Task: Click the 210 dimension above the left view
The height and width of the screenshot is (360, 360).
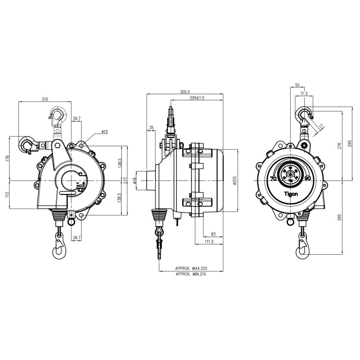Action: click(x=45, y=99)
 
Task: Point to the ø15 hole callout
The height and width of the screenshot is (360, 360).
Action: click(x=104, y=132)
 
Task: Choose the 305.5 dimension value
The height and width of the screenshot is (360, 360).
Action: click(x=185, y=92)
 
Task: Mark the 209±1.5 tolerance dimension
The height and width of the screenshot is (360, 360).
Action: click(x=197, y=98)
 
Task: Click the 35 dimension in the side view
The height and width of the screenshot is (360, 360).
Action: click(x=151, y=128)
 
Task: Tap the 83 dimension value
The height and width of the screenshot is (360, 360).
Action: click(x=212, y=234)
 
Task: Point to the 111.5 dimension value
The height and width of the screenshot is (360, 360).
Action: click(x=209, y=242)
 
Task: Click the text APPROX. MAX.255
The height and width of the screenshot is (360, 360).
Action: click(x=191, y=268)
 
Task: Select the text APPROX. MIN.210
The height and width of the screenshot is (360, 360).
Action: click(x=191, y=273)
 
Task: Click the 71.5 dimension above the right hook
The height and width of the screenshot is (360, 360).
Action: click(x=304, y=94)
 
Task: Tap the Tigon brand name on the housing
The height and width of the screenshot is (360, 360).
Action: click(x=291, y=194)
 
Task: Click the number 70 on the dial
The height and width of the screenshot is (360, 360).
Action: click(x=273, y=178)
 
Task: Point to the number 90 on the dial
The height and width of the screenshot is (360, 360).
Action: click(x=308, y=178)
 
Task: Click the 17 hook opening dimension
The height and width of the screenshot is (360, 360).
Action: click(x=320, y=126)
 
